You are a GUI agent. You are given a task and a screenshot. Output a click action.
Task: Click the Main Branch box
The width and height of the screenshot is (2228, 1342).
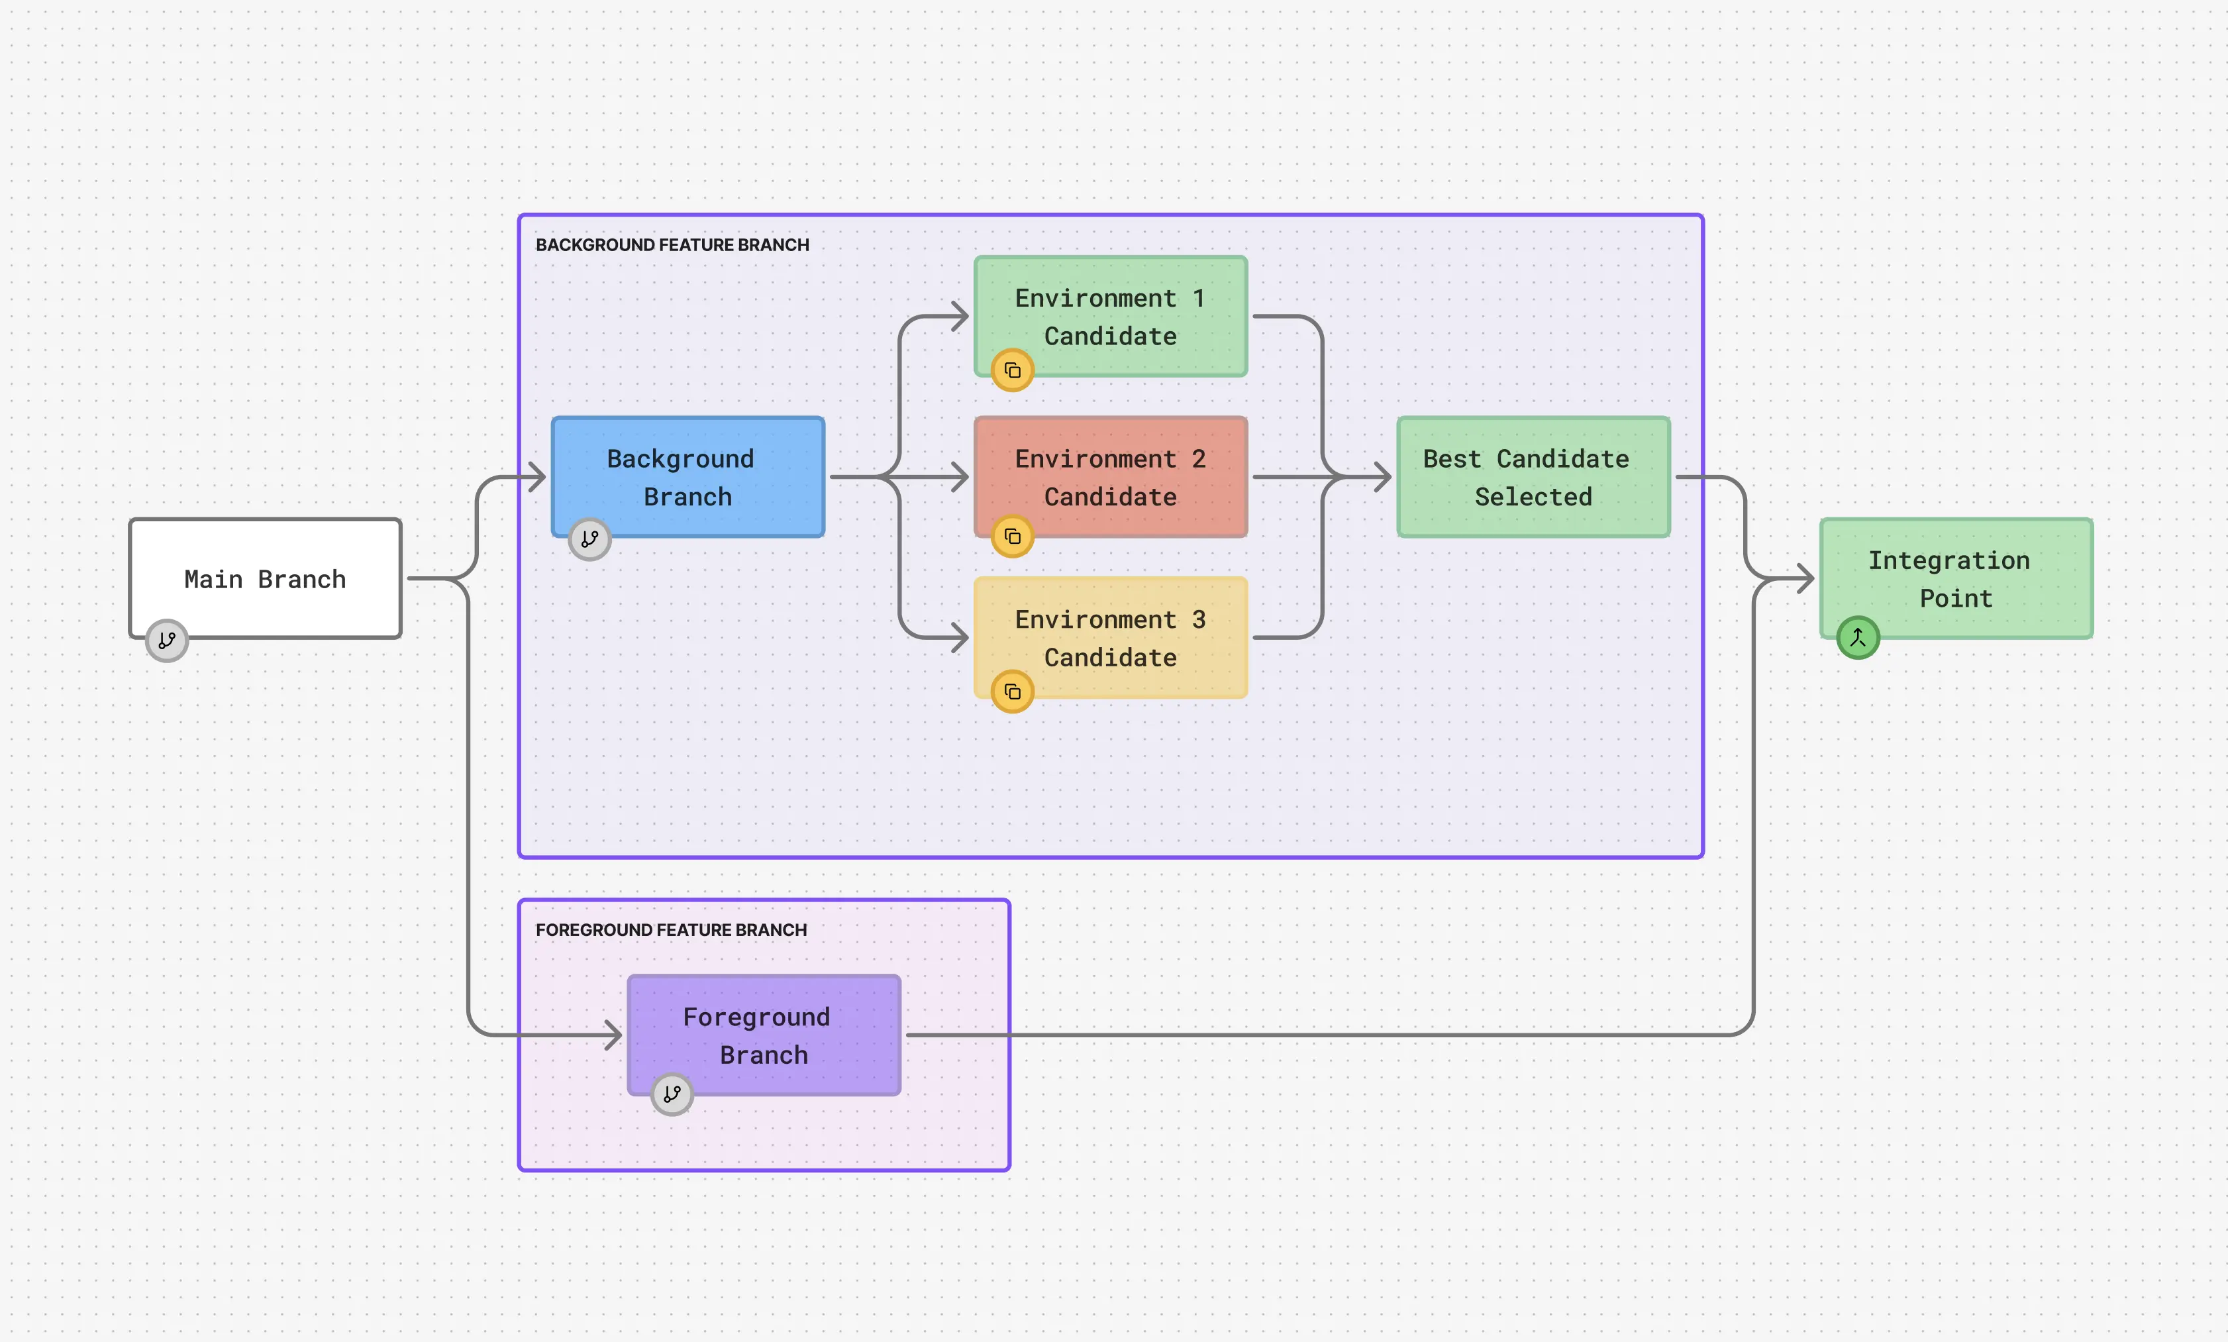[265, 579]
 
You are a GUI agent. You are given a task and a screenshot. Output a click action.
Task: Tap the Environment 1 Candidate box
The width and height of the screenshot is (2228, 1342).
[1111, 317]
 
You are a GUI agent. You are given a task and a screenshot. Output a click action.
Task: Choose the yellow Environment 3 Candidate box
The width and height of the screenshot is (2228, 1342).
[1111, 637]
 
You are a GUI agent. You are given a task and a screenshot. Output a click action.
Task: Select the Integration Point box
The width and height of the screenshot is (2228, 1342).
[1955, 579]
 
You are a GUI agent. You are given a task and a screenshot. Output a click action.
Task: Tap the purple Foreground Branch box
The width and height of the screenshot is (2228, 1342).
[764, 1035]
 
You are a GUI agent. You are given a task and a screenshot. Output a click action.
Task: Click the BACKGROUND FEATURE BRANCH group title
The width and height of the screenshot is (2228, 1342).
[672, 245]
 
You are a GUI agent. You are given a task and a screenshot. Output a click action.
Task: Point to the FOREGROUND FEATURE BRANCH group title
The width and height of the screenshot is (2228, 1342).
[670, 929]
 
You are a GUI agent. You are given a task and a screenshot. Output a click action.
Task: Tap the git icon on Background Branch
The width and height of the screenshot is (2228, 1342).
[589, 539]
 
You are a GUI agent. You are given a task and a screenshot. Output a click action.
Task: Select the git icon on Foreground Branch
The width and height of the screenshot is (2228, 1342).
[672, 1094]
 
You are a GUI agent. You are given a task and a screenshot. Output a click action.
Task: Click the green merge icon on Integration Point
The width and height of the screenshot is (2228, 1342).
[1858, 637]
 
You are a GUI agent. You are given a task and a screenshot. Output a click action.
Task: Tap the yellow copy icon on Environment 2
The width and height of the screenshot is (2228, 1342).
[1013, 537]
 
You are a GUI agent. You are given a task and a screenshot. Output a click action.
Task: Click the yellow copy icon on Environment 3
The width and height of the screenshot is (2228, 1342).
[1013, 692]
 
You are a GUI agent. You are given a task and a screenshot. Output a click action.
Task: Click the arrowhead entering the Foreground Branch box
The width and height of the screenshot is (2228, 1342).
[614, 1035]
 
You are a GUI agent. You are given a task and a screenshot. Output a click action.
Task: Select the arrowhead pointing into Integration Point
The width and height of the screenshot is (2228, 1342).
[1805, 579]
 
